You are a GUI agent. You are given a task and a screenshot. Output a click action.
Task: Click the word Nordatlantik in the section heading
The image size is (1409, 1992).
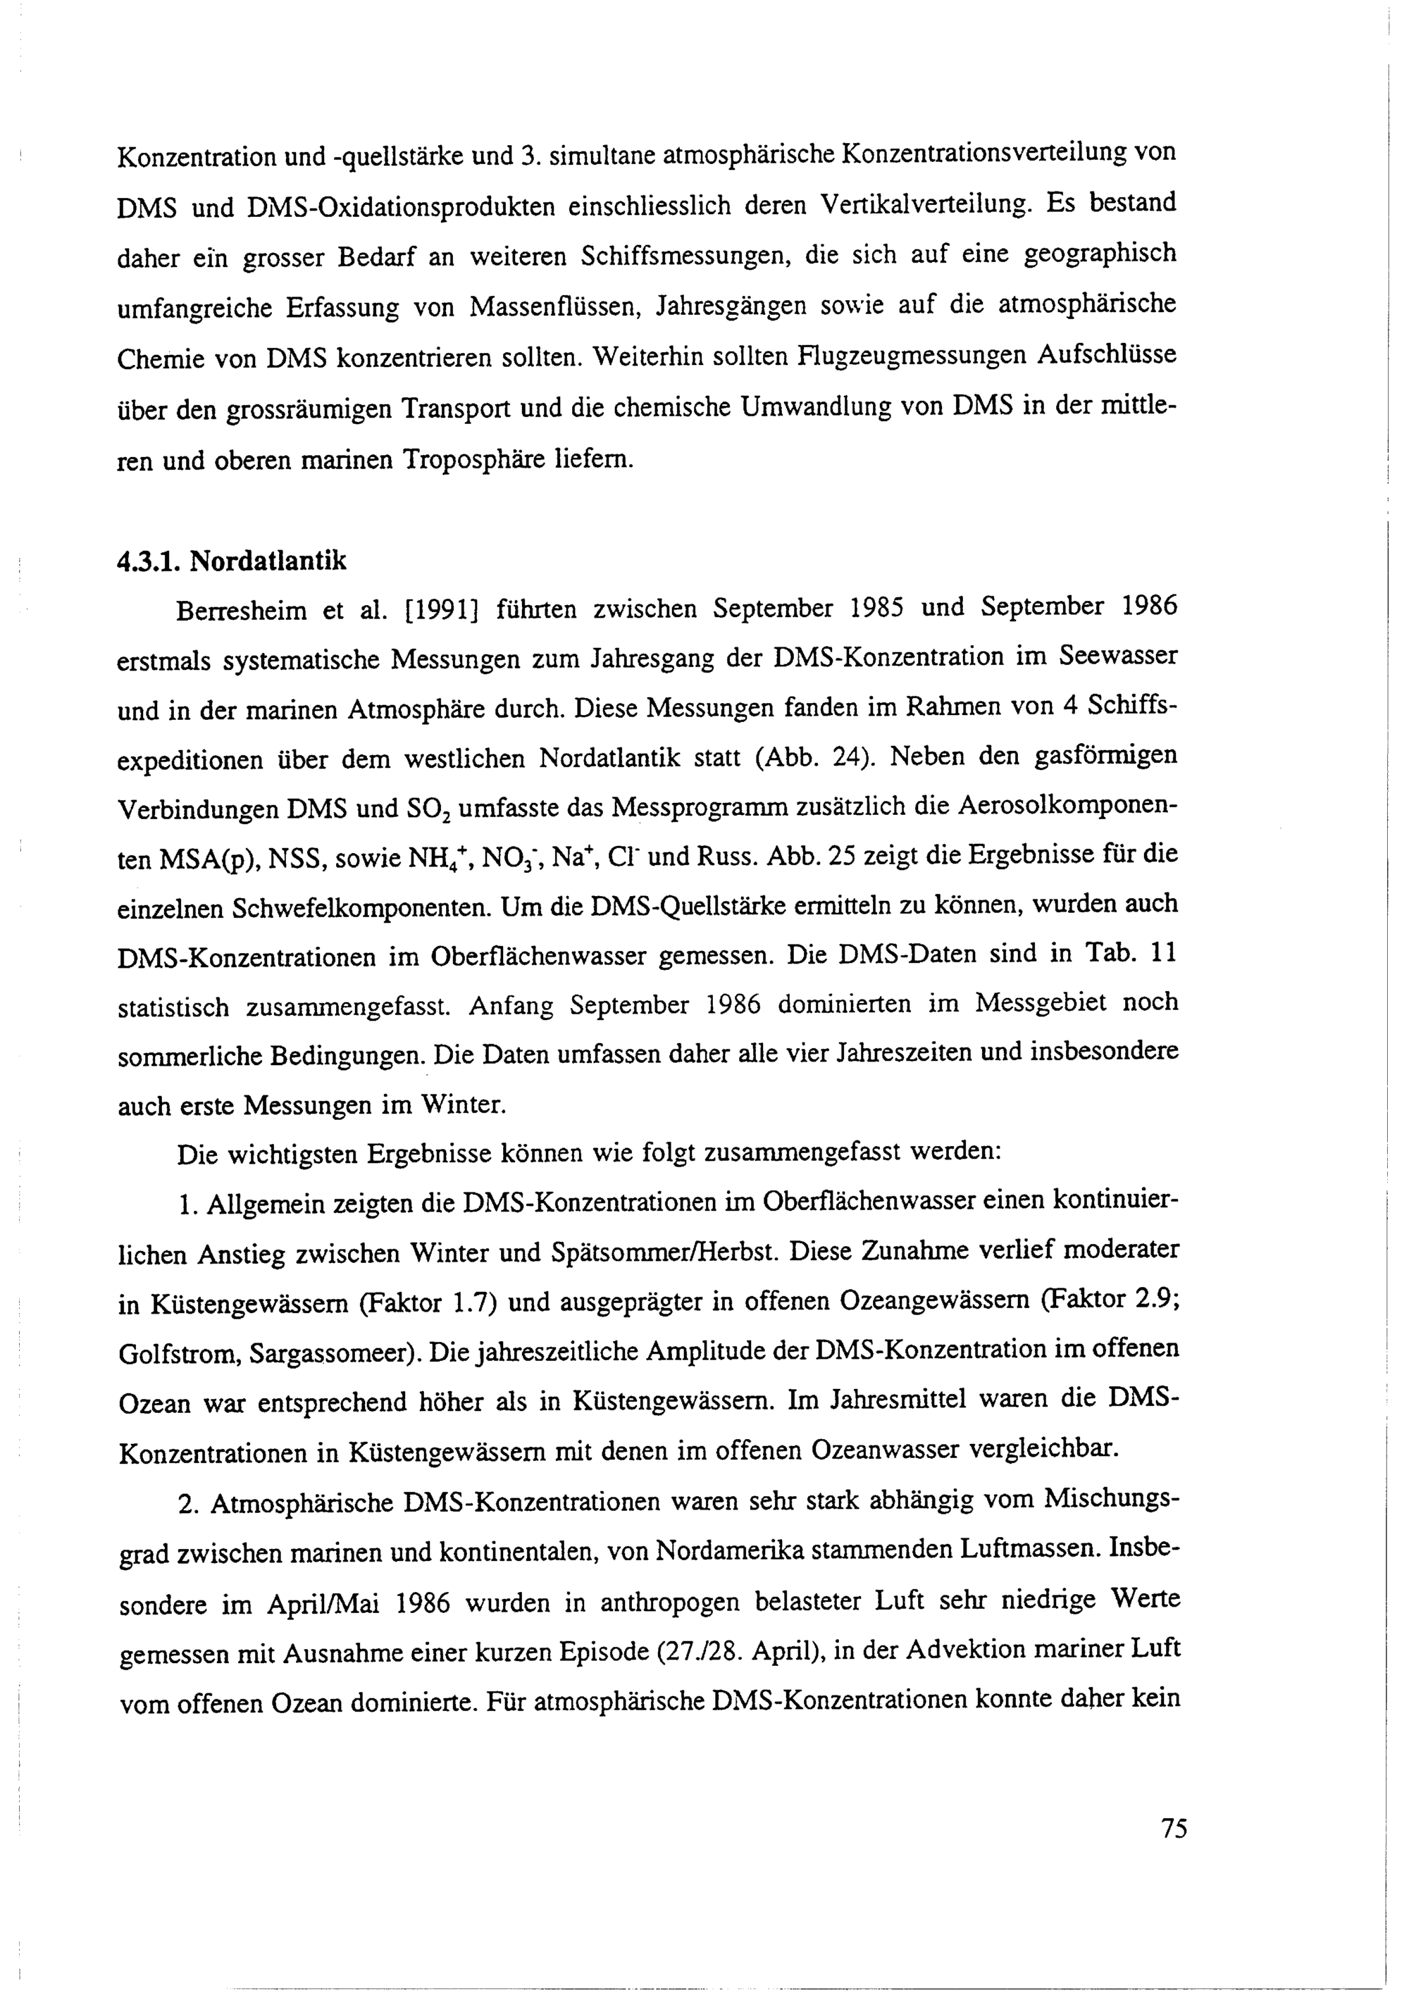268,561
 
